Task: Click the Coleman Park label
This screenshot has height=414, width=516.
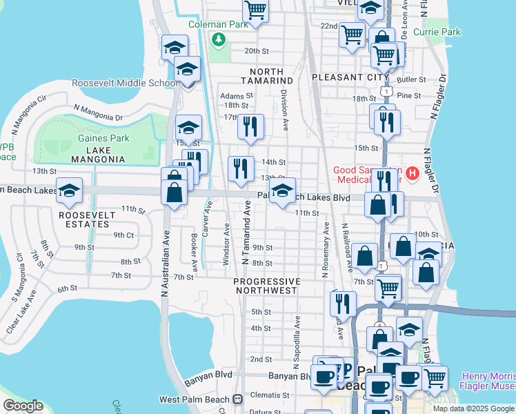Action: [219, 26]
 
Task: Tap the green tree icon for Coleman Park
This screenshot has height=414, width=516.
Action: [219, 39]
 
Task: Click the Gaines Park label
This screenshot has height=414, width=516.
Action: [104, 138]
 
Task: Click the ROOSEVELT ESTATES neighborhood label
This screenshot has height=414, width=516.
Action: [87, 219]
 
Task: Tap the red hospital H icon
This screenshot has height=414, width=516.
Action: [413, 172]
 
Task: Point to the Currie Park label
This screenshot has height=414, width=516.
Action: [437, 32]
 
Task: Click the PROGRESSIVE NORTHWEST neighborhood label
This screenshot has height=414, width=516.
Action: [267, 286]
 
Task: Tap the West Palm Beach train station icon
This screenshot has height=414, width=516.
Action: [237, 399]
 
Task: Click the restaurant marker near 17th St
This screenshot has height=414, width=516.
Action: [250, 126]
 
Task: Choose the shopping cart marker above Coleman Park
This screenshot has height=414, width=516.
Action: [255, 10]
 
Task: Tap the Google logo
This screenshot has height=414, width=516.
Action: [23, 406]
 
